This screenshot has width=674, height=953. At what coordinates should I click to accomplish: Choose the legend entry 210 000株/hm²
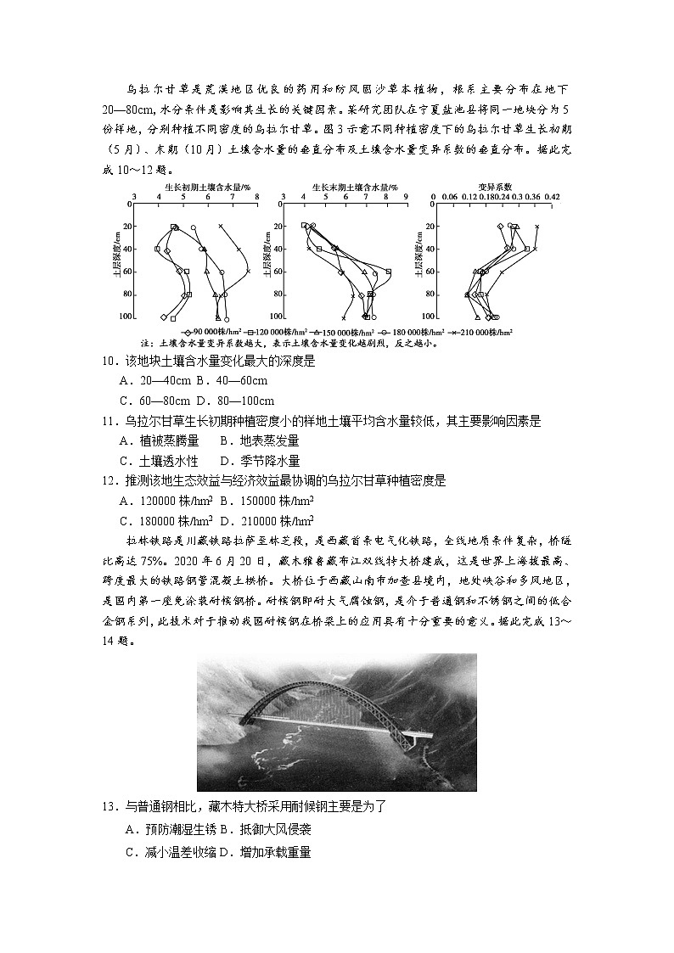480,332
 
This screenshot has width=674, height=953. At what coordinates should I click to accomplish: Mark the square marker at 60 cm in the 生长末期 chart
388,272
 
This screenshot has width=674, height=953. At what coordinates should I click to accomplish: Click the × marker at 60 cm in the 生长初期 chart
248,272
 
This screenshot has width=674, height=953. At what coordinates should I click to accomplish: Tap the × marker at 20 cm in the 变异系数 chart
536,227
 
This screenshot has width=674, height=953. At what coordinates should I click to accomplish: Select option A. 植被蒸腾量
161,440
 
